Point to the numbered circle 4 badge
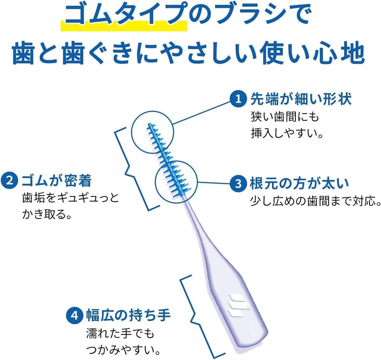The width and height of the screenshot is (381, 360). coord(74,316)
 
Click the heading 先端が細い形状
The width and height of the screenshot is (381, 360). coord(301,99)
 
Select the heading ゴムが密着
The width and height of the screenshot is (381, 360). coord(57,181)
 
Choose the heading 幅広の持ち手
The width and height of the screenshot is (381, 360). coord(128,316)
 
